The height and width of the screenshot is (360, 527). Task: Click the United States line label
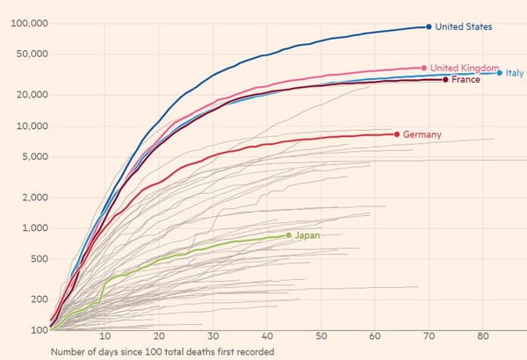pyautogui.click(x=464, y=27)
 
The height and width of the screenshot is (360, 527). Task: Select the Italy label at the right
pyautogui.click(x=515, y=73)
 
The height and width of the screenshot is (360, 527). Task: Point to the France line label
pyautogui.click(x=466, y=80)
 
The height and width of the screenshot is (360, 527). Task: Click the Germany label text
pyautogui.click(x=422, y=134)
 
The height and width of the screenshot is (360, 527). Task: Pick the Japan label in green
pyautogui.click(x=307, y=235)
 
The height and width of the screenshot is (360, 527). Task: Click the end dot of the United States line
pyautogui.click(x=429, y=26)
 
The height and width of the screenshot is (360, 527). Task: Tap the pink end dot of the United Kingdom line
pyautogui.click(x=423, y=68)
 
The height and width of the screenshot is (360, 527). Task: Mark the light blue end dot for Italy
pyautogui.click(x=500, y=73)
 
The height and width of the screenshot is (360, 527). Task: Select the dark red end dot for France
pyautogui.click(x=445, y=80)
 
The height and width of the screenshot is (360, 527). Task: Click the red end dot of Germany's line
pyautogui.click(x=397, y=134)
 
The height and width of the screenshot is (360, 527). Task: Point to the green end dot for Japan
pyautogui.click(x=288, y=234)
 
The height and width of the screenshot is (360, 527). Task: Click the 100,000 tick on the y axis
pyautogui.click(x=27, y=23)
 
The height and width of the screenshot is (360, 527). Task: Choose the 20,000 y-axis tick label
pyautogui.click(x=30, y=95)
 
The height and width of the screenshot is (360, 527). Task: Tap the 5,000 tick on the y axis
pyautogui.click(x=32, y=157)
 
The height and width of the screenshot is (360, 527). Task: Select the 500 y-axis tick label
pyautogui.click(x=36, y=259)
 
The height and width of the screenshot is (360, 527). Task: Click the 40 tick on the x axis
pyautogui.click(x=267, y=337)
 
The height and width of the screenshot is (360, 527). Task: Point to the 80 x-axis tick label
pyautogui.click(x=482, y=337)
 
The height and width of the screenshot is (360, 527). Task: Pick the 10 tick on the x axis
pyautogui.click(x=105, y=337)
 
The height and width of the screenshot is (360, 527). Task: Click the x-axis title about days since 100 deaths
pyautogui.click(x=162, y=352)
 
